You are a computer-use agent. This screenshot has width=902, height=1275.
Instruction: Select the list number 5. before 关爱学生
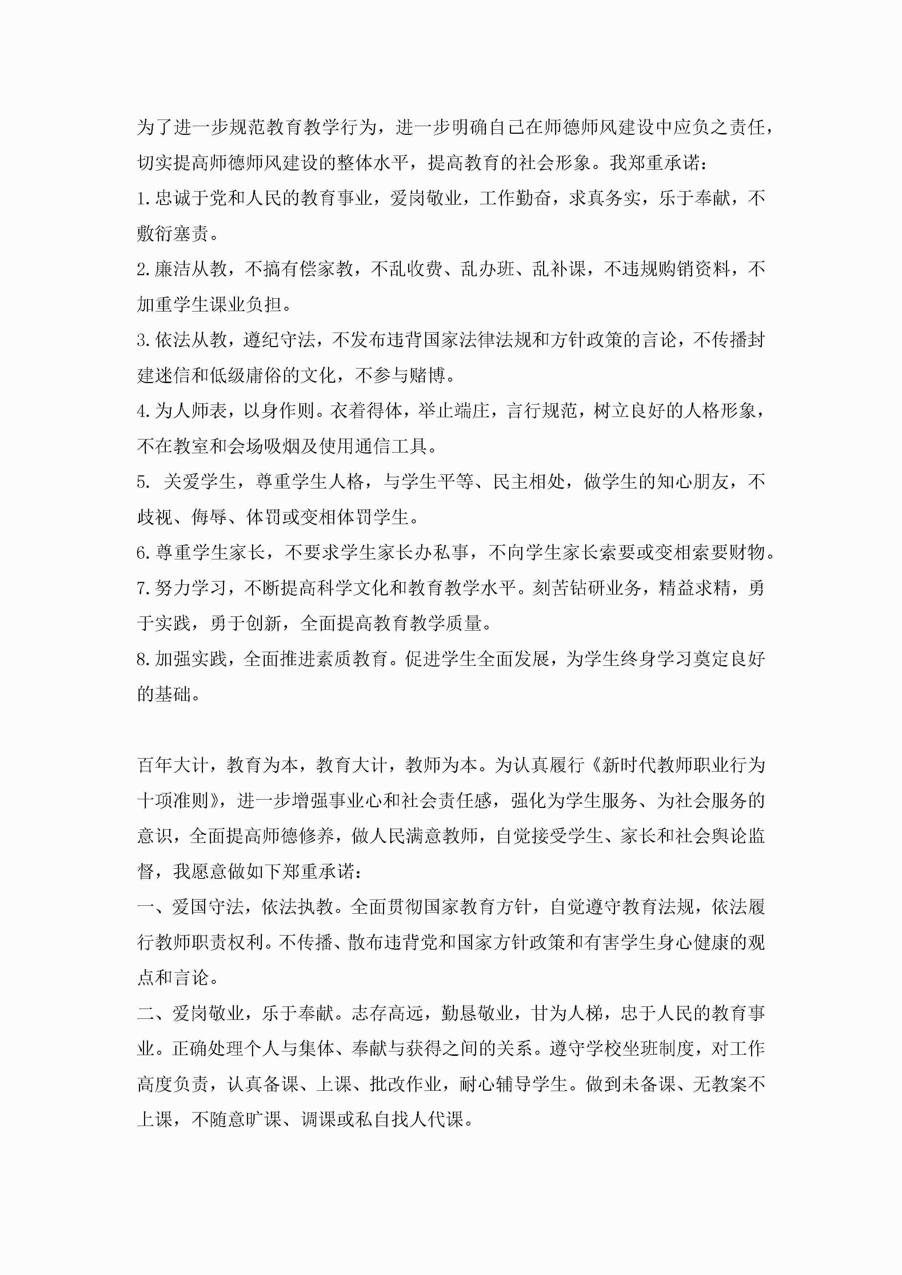click(x=143, y=482)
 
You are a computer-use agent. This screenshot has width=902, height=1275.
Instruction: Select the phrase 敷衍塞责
click(x=172, y=234)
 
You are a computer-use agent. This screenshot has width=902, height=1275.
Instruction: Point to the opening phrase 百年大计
click(x=172, y=765)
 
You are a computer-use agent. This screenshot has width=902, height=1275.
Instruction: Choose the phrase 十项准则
click(x=172, y=801)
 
